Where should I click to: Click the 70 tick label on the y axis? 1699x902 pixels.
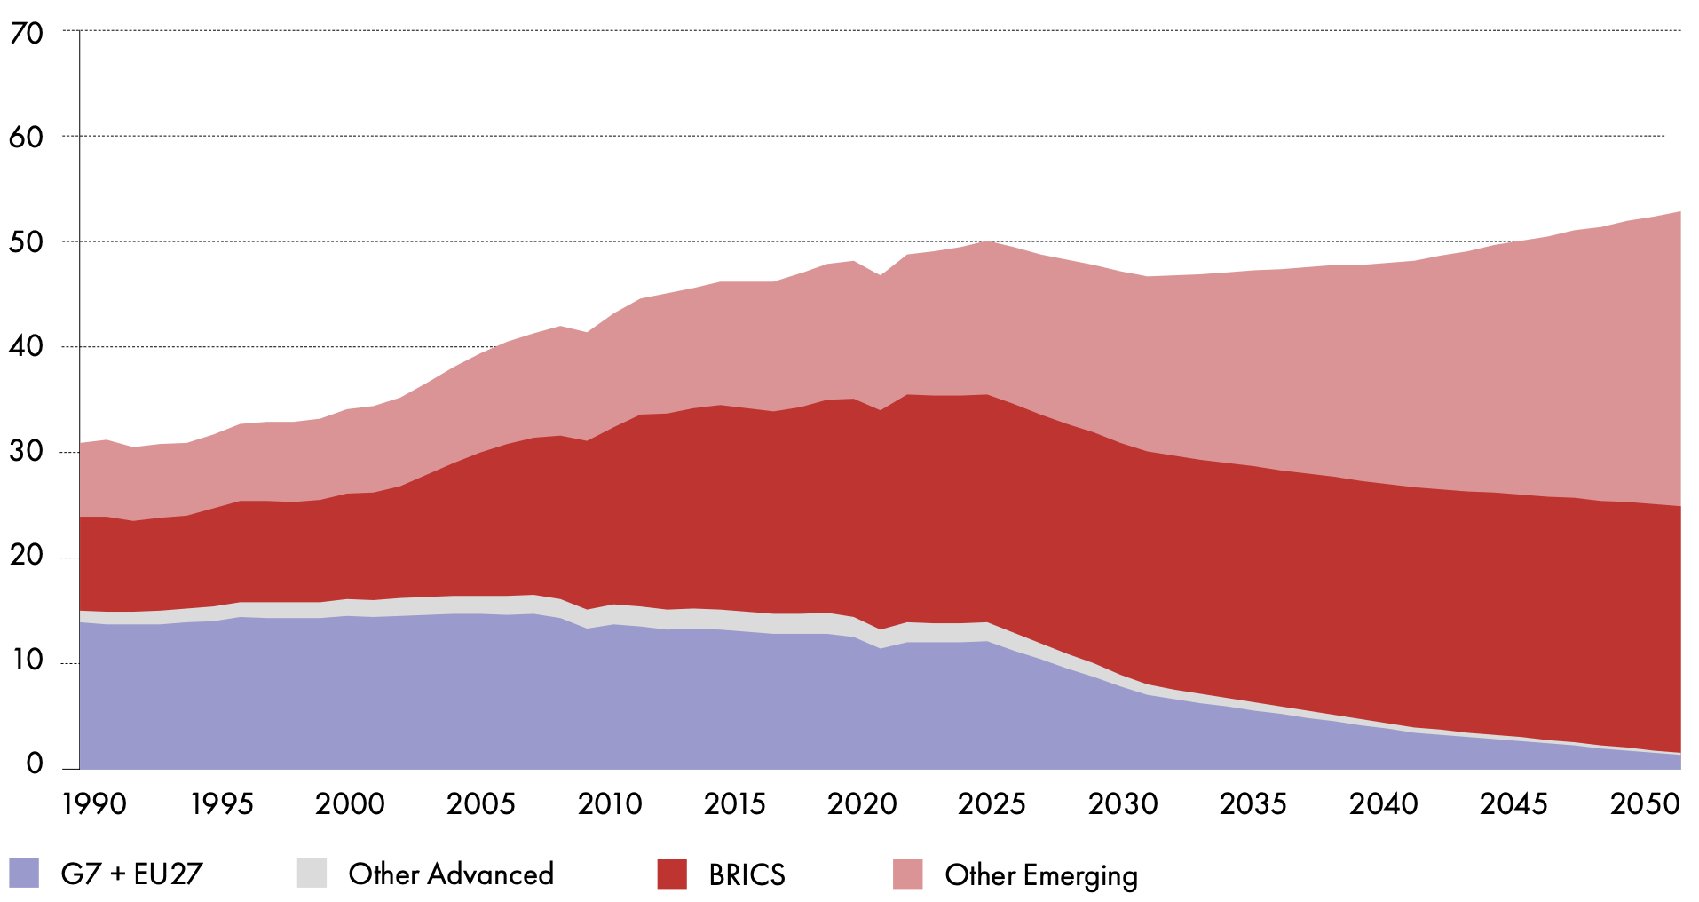(x=27, y=34)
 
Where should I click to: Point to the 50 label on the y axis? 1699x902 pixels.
(x=27, y=242)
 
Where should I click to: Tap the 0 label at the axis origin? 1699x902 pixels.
(x=35, y=764)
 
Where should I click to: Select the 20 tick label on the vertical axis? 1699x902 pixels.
(x=27, y=556)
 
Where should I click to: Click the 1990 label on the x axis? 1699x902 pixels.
(x=94, y=804)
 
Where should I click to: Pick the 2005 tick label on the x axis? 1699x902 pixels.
(x=480, y=804)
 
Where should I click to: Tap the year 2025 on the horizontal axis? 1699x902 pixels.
(x=992, y=804)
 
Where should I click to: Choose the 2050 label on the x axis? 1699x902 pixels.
(x=1645, y=804)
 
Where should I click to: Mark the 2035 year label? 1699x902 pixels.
(x=1253, y=804)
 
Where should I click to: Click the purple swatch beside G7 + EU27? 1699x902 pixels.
(x=24, y=874)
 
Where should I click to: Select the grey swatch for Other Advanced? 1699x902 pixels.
(x=312, y=874)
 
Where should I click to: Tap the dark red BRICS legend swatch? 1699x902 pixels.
(x=672, y=874)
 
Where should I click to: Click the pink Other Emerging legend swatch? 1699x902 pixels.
(x=907, y=874)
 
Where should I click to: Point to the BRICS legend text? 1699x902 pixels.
(x=747, y=875)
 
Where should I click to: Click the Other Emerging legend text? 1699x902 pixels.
(x=1040, y=875)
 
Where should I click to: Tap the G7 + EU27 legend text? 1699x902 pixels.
(x=131, y=874)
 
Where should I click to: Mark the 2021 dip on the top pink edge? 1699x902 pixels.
(x=880, y=275)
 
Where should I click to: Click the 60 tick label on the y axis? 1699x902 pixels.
(x=27, y=138)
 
